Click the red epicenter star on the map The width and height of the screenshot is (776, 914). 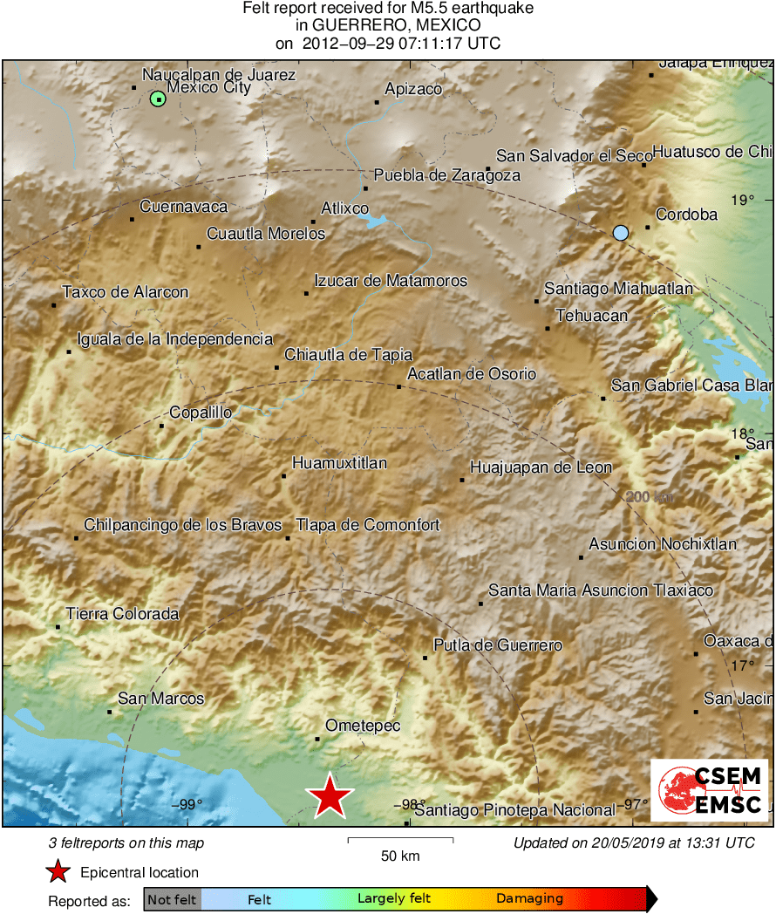[x=330, y=795]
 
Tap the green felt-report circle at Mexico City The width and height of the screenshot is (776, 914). [x=157, y=99]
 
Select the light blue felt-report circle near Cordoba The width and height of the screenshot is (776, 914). [x=620, y=232]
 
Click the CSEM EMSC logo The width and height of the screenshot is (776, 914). [x=710, y=789]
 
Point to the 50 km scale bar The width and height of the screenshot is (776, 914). [x=400, y=841]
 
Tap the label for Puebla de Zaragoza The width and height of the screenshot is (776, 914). [x=446, y=175]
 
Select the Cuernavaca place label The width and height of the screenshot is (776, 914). [x=183, y=207]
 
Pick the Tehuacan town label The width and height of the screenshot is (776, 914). [x=591, y=316]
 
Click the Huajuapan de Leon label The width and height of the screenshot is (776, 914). [x=541, y=467]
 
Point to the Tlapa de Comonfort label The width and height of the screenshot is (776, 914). [x=368, y=525]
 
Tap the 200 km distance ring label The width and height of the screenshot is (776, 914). [x=650, y=497]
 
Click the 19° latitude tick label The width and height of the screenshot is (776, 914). [x=742, y=201]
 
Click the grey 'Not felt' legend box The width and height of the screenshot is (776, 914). [x=172, y=899]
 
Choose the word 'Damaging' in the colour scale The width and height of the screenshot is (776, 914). [x=529, y=899]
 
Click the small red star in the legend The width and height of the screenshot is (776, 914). [x=58, y=872]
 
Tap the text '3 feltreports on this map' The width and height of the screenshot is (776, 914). [x=126, y=843]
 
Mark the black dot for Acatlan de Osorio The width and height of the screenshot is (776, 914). [x=399, y=386]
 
